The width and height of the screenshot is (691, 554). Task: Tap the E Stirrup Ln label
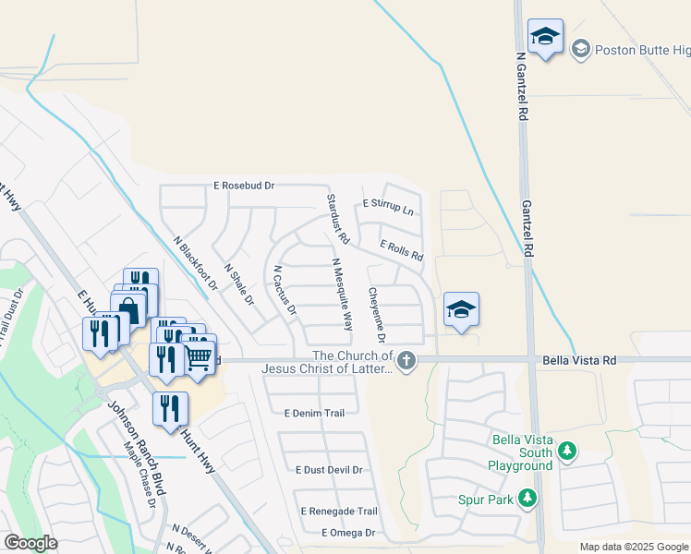click(388, 207)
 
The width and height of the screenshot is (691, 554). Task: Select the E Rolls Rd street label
click(402, 250)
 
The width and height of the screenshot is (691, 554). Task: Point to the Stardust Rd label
click(336, 219)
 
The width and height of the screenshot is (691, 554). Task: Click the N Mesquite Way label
click(343, 294)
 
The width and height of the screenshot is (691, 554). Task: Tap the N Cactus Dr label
click(284, 290)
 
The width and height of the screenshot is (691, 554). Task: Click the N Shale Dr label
click(238, 283)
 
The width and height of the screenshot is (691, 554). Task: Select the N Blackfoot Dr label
click(195, 263)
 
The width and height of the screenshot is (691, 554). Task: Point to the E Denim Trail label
click(314, 413)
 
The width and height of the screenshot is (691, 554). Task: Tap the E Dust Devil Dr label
click(329, 470)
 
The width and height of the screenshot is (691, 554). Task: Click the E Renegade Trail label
click(339, 511)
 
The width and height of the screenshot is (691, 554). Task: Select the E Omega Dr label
click(348, 533)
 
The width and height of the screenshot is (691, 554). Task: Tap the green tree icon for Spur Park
click(527, 499)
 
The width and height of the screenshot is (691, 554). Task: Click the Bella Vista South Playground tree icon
click(567, 452)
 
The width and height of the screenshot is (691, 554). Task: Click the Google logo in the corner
click(30, 543)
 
